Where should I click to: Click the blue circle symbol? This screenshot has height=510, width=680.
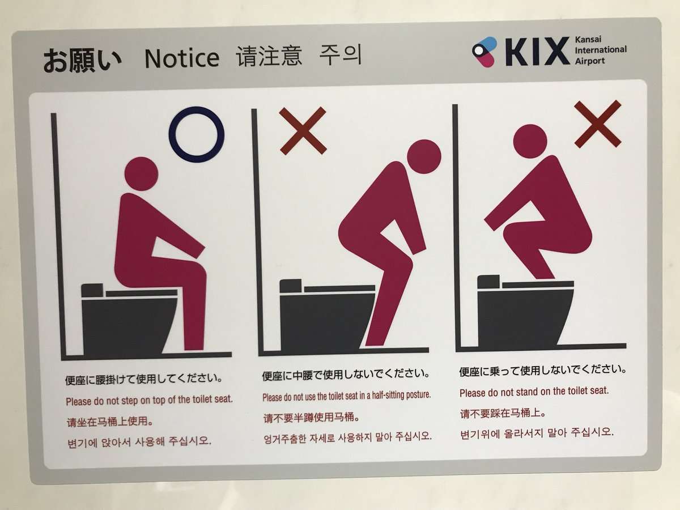click(197, 134)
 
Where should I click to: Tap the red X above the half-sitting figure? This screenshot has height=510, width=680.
click(303, 130)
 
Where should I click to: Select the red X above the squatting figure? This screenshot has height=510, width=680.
click(597, 124)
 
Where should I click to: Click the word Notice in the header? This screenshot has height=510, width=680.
click(182, 58)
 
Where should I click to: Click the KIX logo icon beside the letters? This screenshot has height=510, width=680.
click(484, 51)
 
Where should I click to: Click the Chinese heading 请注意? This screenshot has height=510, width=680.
click(269, 57)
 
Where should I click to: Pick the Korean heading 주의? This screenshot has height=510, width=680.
click(340, 56)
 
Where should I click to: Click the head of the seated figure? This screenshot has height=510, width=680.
click(141, 173)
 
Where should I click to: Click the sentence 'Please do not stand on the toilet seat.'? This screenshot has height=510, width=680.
click(534, 392)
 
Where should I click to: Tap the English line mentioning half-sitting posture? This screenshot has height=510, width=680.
click(346, 395)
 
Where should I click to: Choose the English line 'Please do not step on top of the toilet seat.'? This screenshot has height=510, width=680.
click(149, 399)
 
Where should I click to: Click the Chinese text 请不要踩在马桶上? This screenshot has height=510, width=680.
click(503, 413)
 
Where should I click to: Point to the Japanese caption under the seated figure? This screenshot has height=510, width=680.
click(143, 378)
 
